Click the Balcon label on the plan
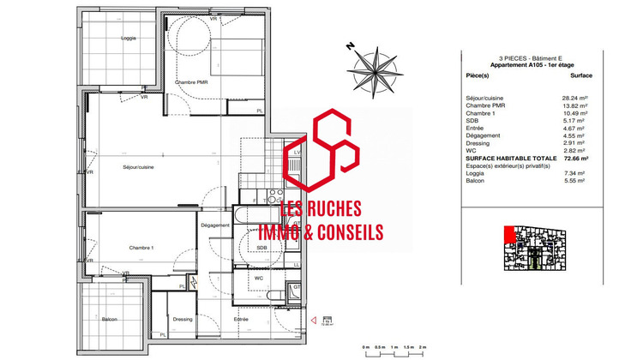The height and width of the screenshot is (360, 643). [109, 319]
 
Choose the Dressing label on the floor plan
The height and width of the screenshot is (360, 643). [182, 319]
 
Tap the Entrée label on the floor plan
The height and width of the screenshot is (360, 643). [242, 319]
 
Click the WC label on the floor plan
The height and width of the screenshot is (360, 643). [257, 279]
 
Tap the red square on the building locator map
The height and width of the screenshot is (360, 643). [508, 232]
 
